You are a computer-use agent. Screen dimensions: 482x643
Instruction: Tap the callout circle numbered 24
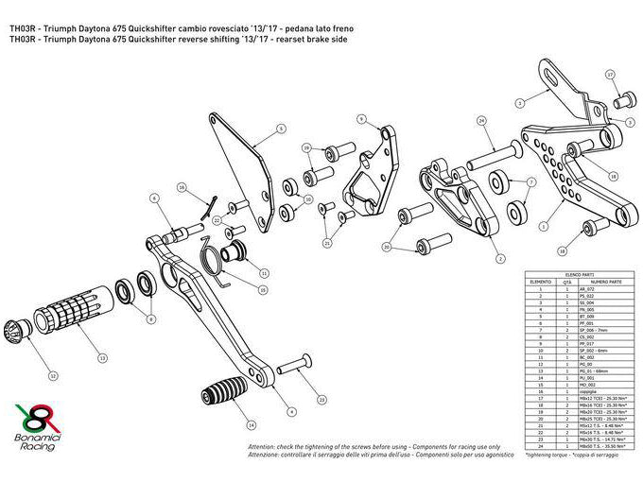tap(481, 121)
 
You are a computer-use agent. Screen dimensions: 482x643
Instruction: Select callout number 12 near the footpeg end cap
tap(53, 376)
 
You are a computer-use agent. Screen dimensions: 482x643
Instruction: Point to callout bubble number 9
tap(361, 119)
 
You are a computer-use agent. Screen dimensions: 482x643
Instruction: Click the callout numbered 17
tap(610, 73)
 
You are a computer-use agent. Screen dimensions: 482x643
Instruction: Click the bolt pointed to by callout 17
tap(626, 96)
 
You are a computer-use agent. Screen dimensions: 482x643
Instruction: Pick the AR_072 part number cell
tap(600, 288)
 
